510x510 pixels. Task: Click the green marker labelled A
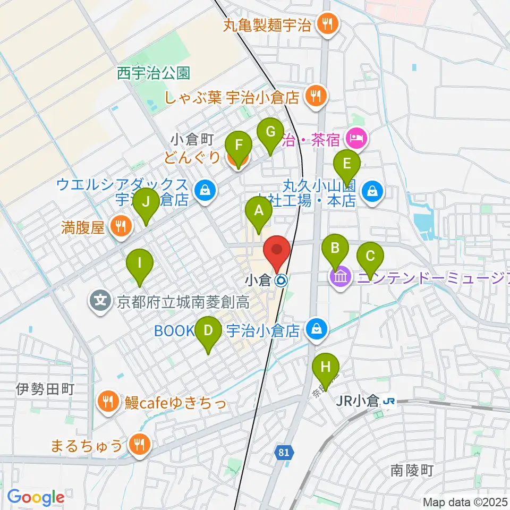259,213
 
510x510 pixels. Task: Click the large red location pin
277,252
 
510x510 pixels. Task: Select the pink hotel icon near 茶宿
355,140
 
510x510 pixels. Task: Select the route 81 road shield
284,453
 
